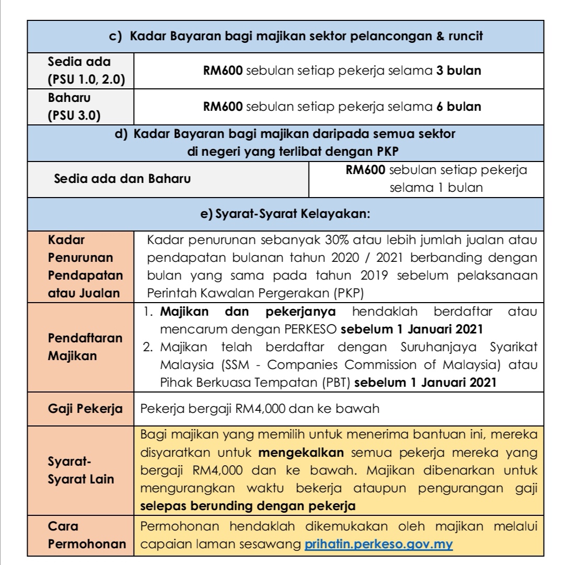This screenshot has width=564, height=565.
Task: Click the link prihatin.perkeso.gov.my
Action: click(x=379, y=544)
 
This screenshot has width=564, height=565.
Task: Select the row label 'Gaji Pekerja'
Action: click(x=85, y=409)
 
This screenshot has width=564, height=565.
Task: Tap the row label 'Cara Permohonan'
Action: click(x=87, y=535)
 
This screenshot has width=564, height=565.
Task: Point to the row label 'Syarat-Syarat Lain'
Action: click(x=80, y=471)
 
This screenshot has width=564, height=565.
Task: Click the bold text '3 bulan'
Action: click(x=458, y=71)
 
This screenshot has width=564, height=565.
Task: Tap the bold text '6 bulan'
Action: click(x=458, y=107)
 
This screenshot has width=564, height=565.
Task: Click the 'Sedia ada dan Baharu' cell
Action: click(x=123, y=178)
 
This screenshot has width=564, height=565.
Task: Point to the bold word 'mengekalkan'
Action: click(x=304, y=451)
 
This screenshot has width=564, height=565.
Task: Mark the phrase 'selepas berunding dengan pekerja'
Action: click(x=248, y=506)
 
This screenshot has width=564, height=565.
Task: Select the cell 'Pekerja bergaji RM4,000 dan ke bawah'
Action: click(x=260, y=409)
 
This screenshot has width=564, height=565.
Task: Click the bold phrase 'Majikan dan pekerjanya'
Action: click(x=247, y=312)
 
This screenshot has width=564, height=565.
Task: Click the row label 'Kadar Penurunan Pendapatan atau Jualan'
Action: click(x=85, y=267)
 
